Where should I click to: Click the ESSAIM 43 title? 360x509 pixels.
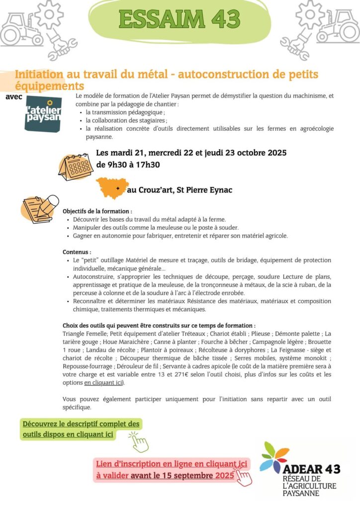tap(180, 19)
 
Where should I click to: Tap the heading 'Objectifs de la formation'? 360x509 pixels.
tap(97, 211)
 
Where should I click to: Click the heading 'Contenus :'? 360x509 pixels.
tap(77, 252)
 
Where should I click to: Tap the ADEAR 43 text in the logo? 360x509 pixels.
tap(312, 469)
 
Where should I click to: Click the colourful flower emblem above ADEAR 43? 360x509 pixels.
tap(274, 456)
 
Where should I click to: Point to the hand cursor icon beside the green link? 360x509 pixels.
tap(139, 441)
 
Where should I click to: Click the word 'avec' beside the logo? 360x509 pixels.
tap(14, 96)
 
